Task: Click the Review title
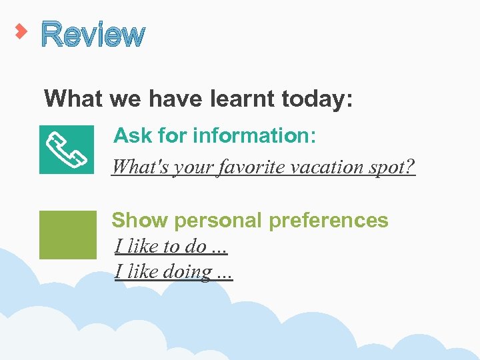click(93, 35)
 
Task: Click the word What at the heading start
click(72, 99)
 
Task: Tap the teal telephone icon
click(67, 149)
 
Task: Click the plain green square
click(68, 235)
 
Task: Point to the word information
click(253, 136)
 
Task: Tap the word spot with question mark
click(393, 166)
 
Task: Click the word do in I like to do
click(195, 246)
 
